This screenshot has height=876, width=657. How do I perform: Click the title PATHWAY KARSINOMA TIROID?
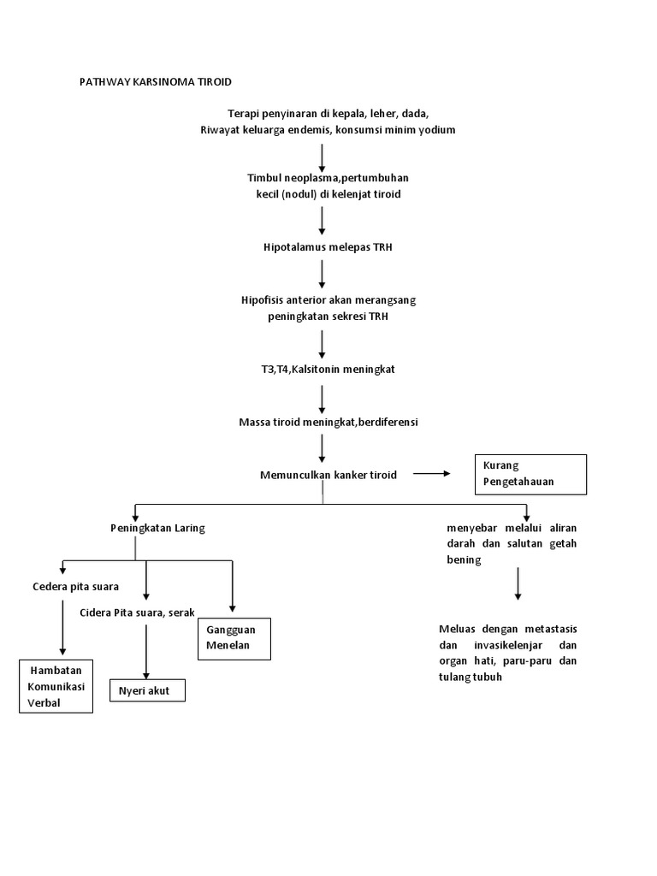pos(155,82)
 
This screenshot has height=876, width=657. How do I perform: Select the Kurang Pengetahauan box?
pos(530,474)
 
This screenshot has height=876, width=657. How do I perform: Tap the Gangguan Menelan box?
pos(234,638)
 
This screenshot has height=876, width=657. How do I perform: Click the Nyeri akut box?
pos(147,690)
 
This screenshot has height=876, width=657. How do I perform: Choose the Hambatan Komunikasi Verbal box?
pos(56,687)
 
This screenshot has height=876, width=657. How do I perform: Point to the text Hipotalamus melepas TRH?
pos(323,247)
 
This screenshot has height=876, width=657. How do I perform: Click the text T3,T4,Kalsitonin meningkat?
pos(323,370)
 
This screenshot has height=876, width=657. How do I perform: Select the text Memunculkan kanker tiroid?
pos(328,475)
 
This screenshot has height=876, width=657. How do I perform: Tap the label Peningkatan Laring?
pos(157,529)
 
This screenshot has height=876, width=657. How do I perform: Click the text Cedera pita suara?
pos(75,587)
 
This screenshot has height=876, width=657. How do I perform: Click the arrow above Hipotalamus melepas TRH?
pos(323,220)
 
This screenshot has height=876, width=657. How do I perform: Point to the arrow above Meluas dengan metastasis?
pos(518,584)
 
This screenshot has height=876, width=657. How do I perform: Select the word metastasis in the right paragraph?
pos(547,629)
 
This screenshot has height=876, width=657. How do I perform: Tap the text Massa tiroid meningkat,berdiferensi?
pos(328,423)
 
